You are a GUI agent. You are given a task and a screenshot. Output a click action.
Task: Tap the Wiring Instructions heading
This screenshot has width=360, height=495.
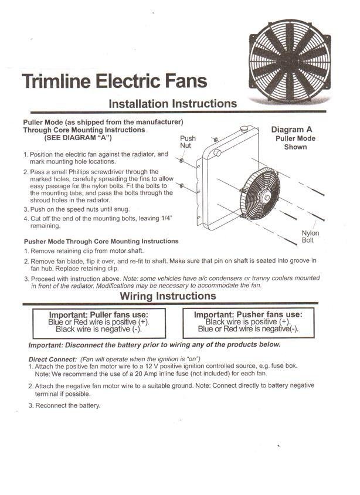168,296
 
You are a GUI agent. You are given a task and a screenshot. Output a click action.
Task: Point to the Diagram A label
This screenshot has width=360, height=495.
296,130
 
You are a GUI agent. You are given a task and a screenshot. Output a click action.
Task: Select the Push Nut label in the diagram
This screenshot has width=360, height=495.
188,142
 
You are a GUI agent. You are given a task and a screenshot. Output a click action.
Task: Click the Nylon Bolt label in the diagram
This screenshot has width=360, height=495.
310,236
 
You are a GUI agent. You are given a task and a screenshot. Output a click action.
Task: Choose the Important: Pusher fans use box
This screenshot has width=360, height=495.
248,322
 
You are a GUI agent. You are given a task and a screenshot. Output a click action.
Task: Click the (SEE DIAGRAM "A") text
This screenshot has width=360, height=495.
78,137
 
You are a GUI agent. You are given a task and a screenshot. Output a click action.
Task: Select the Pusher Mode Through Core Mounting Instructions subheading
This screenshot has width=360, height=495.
101,241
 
